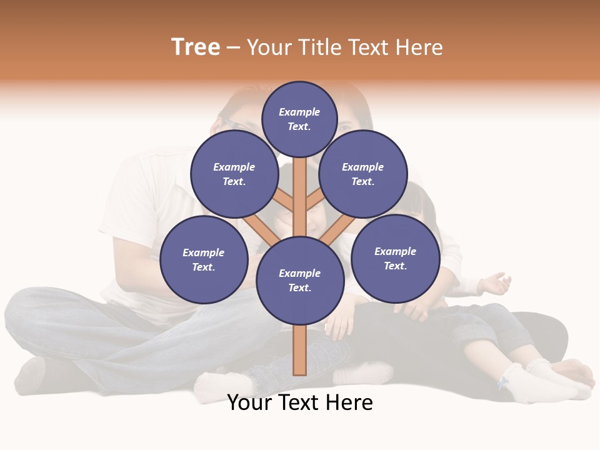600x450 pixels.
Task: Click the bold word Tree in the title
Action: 196,47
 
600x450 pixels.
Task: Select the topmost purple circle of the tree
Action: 299,119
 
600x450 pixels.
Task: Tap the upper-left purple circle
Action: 234,174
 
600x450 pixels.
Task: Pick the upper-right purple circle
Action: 362,174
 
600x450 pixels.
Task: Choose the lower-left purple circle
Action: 204,259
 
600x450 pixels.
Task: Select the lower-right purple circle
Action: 395,258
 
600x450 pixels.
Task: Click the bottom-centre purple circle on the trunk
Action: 299,280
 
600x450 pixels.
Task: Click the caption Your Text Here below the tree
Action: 300,402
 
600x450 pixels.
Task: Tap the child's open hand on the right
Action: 496,284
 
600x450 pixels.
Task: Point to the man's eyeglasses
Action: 234,123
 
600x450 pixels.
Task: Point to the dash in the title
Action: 233,47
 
